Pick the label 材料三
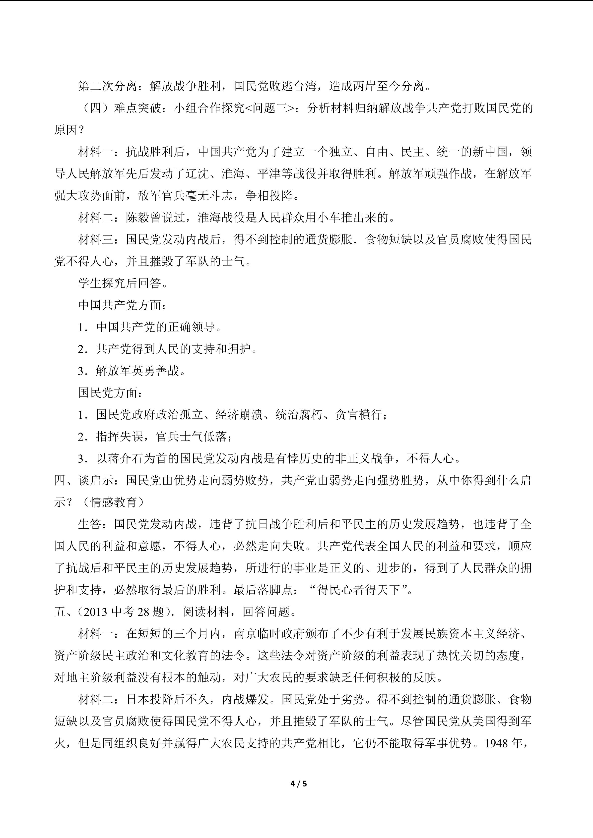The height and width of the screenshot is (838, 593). click(x=96, y=240)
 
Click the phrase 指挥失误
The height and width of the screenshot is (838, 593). click(x=119, y=437)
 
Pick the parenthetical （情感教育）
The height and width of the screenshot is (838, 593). click(x=114, y=502)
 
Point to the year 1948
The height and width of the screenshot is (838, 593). click(x=497, y=743)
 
